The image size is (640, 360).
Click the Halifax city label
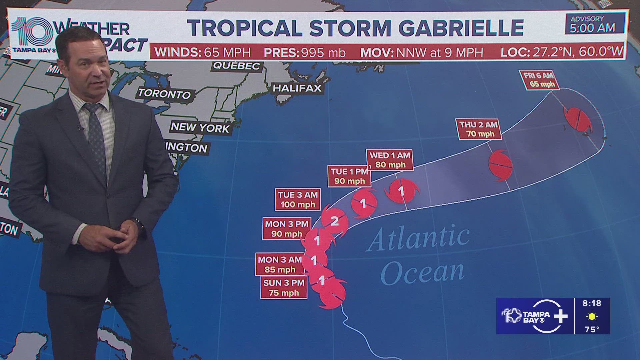coord(297,88)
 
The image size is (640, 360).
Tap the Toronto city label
coord(164,93)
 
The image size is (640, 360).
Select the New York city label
coord(200,128)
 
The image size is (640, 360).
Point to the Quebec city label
coord(237,66)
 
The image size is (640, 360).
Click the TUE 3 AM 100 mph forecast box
coord(298,199)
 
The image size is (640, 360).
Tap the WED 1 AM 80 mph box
coord(390,160)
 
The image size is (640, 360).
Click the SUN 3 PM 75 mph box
coord(284,288)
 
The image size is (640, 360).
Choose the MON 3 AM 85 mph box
coord(280,264)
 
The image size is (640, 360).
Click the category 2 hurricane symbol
coord(335,221)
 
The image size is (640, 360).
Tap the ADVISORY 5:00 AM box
coord(592,24)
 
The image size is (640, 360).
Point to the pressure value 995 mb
coord(323,52)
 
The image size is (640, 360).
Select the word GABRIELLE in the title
coord(461,28)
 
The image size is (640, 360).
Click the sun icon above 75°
coord(592,316)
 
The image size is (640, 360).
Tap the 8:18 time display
coord(592,303)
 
